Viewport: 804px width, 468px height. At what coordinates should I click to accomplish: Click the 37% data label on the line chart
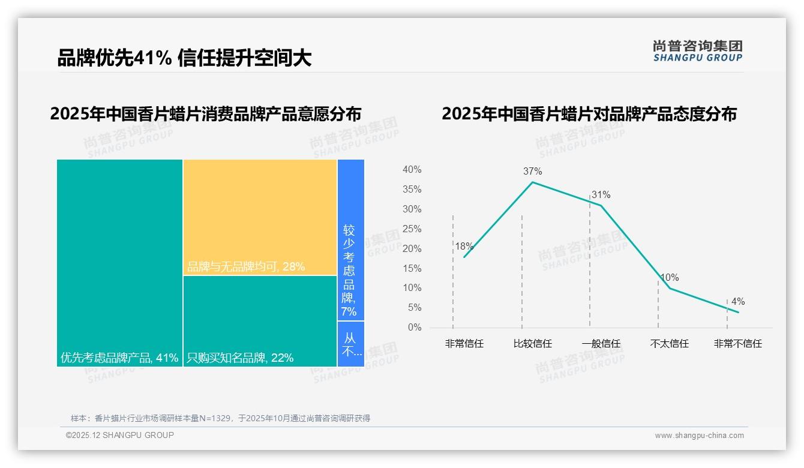click(532, 172)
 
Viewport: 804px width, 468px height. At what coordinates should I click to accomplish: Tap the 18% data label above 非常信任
click(464, 246)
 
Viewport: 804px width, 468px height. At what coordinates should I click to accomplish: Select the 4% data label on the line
click(737, 301)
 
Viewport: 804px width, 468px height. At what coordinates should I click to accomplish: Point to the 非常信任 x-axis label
click(464, 344)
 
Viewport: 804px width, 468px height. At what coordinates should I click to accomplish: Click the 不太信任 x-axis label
click(669, 344)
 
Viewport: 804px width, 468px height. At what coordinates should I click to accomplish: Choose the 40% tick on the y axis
click(412, 170)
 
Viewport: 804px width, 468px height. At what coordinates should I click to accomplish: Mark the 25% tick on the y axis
click(412, 229)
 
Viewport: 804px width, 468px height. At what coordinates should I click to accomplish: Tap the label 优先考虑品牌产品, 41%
click(119, 358)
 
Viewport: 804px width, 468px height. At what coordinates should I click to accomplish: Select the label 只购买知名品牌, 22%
click(240, 358)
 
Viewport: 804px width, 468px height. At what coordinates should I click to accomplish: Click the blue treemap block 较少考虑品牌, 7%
click(350, 240)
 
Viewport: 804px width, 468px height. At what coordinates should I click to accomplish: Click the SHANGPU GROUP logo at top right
click(697, 51)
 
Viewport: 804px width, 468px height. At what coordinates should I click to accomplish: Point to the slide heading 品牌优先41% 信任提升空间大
click(184, 58)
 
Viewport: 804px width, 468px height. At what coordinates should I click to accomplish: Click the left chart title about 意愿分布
click(206, 113)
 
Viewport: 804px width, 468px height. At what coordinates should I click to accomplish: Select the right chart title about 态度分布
click(589, 113)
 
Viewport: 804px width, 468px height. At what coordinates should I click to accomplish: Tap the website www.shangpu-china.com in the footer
click(699, 436)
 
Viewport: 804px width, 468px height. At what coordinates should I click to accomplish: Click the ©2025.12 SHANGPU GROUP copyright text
click(119, 435)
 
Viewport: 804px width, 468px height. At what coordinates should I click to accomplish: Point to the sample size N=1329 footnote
click(220, 418)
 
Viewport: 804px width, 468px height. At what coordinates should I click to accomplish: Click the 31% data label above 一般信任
click(601, 194)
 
